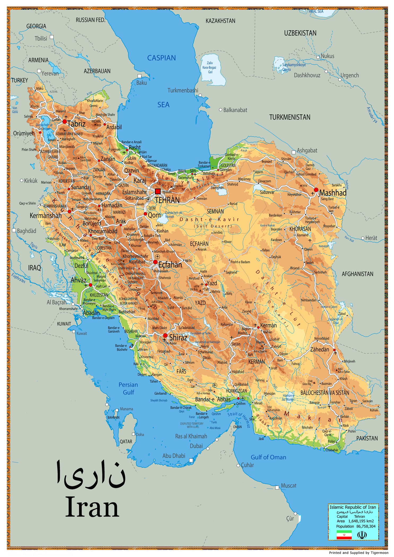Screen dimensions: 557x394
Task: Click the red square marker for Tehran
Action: pyautogui.click(x=158, y=192)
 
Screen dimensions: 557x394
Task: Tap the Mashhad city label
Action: pyautogui.click(x=333, y=193)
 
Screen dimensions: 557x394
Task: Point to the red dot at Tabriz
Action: pyautogui.click(x=64, y=121)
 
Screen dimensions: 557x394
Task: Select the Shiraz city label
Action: pyautogui.click(x=178, y=338)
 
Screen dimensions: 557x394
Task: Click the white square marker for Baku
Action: pyautogui.click(x=139, y=76)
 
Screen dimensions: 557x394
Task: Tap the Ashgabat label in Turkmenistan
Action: pyautogui.click(x=307, y=150)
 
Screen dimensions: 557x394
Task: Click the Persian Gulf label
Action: pyautogui.click(x=128, y=388)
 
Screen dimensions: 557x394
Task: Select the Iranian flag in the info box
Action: pyautogui.click(x=344, y=535)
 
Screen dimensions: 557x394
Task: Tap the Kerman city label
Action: pyautogui.click(x=268, y=325)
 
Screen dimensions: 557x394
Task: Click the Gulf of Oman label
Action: pyautogui.click(x=269, y=457)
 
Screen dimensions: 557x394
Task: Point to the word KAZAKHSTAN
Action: pyautogui.click(x=220, y=21)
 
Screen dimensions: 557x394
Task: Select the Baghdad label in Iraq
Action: pyautogui.click(x=26, y=231)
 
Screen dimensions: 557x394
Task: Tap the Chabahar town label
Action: pyautogui.click(x=332, y=450)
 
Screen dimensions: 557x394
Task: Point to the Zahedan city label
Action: pyautogui.click(x=319, y=349)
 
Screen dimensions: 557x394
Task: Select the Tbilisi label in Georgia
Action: pyautogui.click(x=41, y=38)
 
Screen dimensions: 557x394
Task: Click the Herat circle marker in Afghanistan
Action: pyautogui.click(x=363, y=238)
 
